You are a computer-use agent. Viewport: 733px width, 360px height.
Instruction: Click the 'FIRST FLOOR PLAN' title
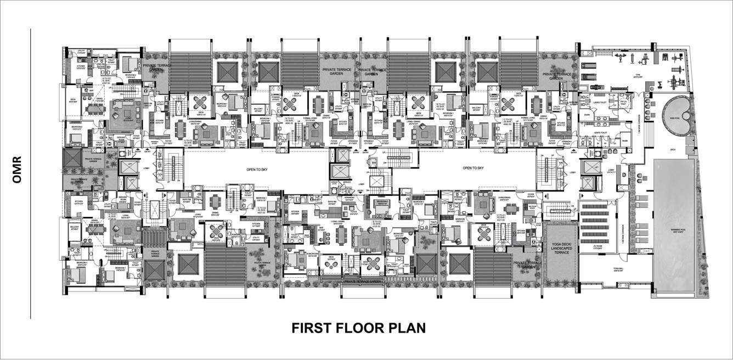pos(358,328)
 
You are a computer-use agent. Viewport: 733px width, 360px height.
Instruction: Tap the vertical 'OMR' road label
pos(16,171)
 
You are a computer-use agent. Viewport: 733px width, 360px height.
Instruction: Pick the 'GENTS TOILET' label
pos(599,133)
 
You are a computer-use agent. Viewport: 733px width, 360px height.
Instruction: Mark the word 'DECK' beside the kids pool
pos(672,149)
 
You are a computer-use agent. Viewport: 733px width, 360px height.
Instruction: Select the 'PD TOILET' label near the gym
pos(623,103)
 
